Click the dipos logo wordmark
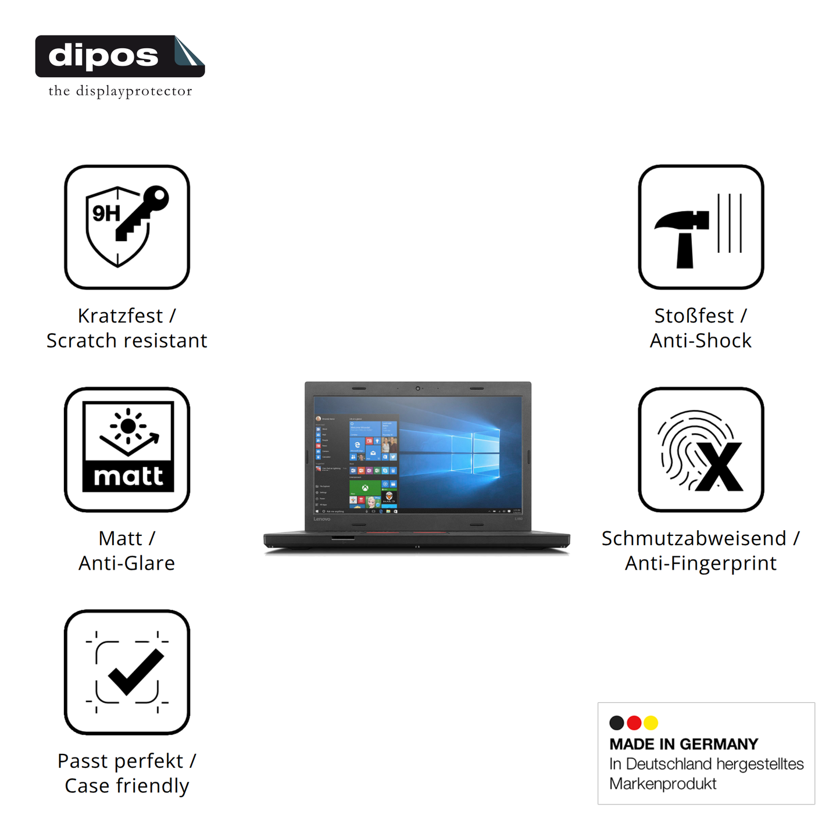pos(103,56)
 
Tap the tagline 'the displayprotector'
pos(120,91)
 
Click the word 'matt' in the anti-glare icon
pos(128,476)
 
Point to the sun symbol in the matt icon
pos(128,426)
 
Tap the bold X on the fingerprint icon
pos(720,467)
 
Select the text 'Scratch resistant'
pos(127,341)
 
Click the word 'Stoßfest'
pos(694,316)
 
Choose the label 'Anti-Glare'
pos(127,563)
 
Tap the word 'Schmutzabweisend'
pos(694,538)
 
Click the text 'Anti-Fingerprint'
pos(700,563)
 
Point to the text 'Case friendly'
pos(127,786)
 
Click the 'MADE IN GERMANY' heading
pos(684,744)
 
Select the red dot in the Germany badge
pos(634,723)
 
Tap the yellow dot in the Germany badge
pos(651,723)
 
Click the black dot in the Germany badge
pos(617,723)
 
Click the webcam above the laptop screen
pos(417,388)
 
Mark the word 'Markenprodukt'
pos(663,784)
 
